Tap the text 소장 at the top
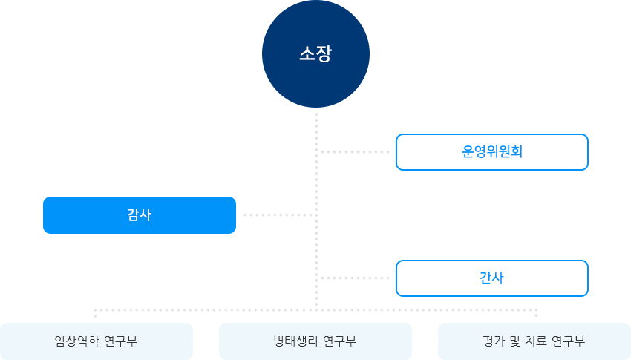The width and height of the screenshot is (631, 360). coord(315,54)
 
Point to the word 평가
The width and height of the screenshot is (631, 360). coord(493,341)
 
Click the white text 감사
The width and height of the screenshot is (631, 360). coord(139,215)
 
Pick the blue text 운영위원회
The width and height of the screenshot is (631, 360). coord(492,152)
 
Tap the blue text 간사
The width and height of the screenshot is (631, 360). coord(491,278)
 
